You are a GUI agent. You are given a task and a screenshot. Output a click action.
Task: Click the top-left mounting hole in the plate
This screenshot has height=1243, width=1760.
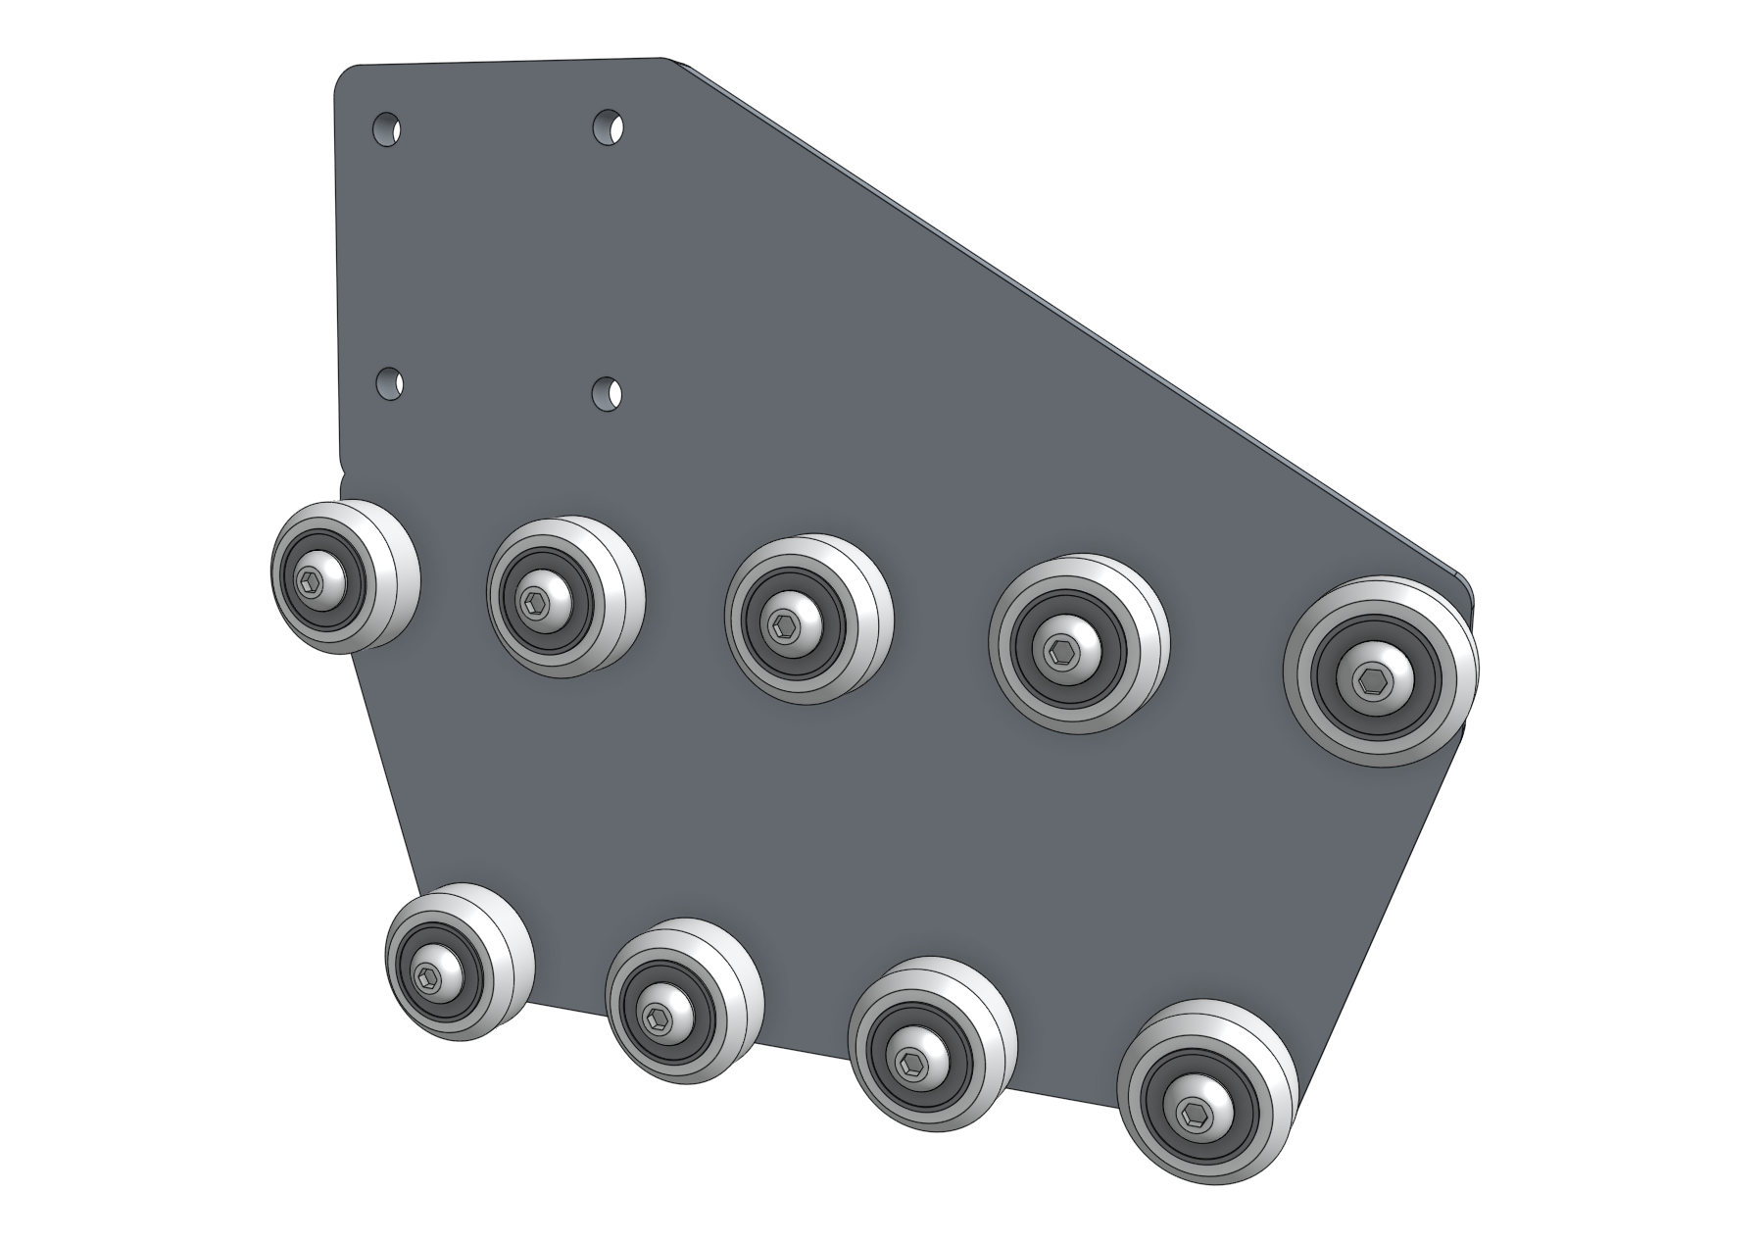click(387, 128)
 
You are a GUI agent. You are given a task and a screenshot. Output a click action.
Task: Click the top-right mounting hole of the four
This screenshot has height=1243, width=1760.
click(610, 127)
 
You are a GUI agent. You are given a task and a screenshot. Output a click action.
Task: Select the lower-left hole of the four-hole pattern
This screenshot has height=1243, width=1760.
click(390, 383)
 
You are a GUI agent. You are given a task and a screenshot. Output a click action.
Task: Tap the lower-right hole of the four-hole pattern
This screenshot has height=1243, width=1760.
click(610, 392)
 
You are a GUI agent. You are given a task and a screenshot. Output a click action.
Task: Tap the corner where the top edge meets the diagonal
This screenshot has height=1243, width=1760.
click(676, 62)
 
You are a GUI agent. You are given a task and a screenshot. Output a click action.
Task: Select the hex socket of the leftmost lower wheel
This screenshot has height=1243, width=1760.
click(427, 974)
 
